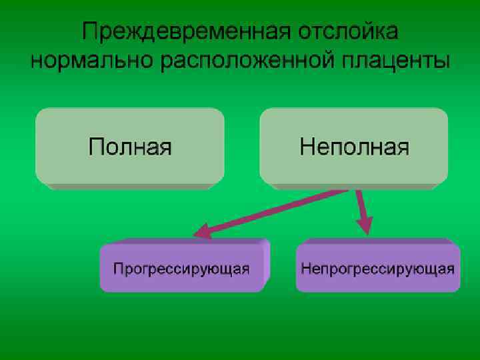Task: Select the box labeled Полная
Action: click(x=130, y=147)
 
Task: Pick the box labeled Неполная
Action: click(x=353, y=147)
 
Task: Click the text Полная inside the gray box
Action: click(x=131, y=147)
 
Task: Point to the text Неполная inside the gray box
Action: click(x=354, y=147)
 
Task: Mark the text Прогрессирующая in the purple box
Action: click(x=181, y=269)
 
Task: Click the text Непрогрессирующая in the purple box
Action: click(x=378, y=269)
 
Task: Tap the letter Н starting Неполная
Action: click(x=306, y=147)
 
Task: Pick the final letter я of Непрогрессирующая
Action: click(x=451, y=269)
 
